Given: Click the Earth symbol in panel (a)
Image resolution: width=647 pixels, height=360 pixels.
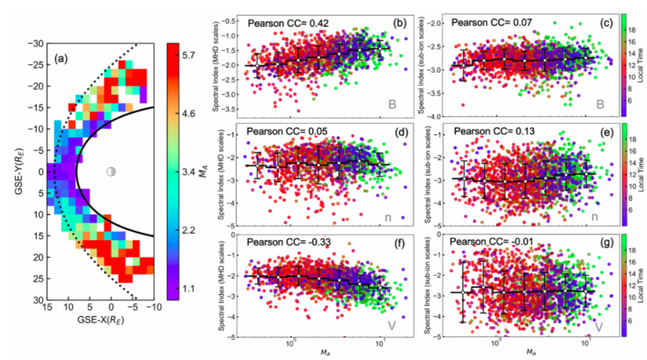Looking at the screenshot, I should tap(111, 172).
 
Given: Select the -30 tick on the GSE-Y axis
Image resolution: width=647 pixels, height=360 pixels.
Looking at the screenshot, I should tap(35, 43).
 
